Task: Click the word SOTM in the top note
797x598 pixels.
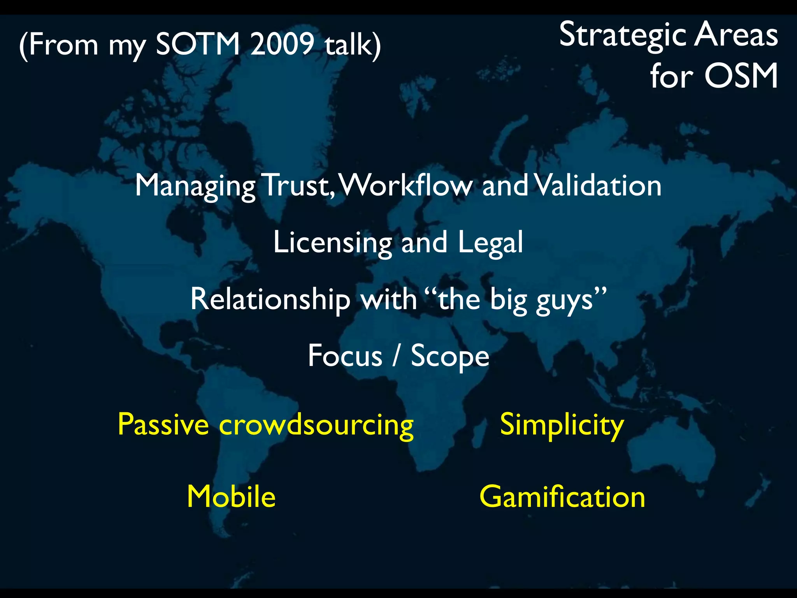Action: [x=198, y=44]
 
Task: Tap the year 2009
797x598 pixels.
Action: [x=282, y=44]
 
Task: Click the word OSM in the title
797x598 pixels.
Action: [x=741, y=76]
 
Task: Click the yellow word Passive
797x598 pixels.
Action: [x=163, y=424]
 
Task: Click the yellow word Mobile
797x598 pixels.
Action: [x=231, y=497]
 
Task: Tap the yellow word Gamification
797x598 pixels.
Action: [x=562, y=497]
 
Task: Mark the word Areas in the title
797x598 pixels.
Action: [x=736, y=35]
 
